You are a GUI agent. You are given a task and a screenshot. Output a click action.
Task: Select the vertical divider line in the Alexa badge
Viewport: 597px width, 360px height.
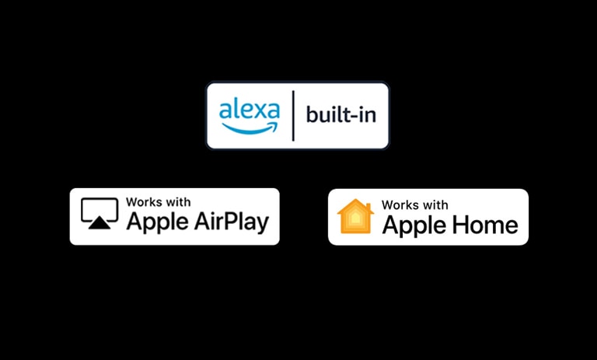(293, 116)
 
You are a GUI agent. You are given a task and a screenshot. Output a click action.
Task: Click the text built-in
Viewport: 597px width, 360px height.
(340, 116)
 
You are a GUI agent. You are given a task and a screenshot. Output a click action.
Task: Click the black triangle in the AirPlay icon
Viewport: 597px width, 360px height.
(99, 223)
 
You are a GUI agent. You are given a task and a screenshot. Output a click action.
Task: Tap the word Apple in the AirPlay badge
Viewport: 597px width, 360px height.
(153, 222)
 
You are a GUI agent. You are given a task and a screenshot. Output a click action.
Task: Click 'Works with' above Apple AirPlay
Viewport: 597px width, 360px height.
(154, 202)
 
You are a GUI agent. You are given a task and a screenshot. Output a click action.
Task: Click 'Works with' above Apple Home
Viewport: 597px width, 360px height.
(414, 205)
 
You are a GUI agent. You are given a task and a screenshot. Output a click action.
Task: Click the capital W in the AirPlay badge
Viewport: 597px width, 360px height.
(131, 202)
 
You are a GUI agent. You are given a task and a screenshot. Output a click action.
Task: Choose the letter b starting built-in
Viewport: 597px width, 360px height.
(311, 115)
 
